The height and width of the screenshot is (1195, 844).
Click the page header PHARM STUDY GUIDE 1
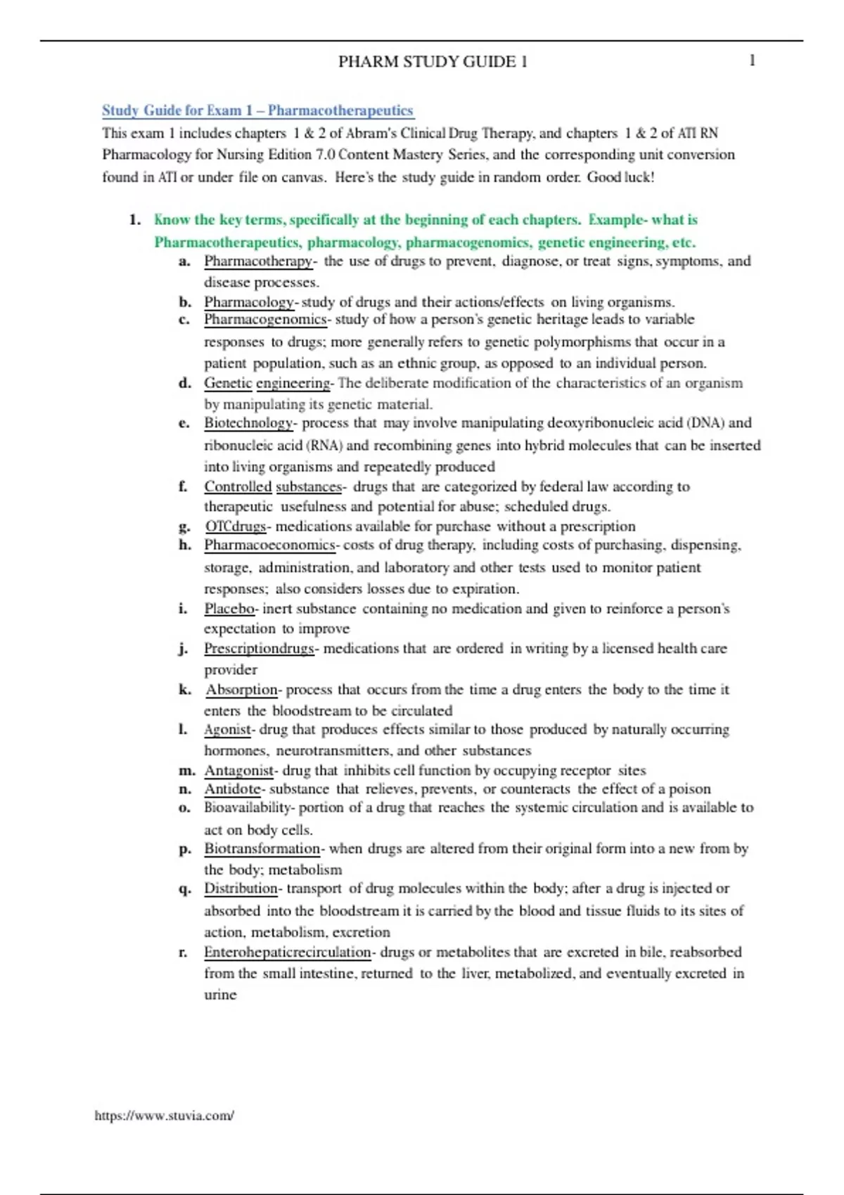(x=433, y=62)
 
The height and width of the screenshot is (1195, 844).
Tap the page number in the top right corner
(x=752, y=60)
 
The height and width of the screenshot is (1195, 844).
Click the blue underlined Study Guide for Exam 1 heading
(x=257, y=110)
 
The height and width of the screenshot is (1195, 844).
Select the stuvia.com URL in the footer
(x=164, y=1116)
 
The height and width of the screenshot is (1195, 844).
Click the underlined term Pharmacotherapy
(x=258, y=261)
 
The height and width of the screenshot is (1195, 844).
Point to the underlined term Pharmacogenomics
(x=265, y=320)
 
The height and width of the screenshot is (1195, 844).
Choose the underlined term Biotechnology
(x=248, y=423)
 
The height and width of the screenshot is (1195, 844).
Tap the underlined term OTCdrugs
(x=236, y=527)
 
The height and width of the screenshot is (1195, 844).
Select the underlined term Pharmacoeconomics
(x=269, y=545)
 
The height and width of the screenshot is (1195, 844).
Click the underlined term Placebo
(x=229, y=609)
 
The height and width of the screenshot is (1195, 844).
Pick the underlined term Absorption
(x=242, y=690)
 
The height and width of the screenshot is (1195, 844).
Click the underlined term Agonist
(x=227, y=730)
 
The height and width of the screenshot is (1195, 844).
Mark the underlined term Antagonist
(x=238, y=770)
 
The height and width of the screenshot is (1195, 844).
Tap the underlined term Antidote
(x=232, y=789)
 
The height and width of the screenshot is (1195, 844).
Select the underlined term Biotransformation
(x=262, y=848)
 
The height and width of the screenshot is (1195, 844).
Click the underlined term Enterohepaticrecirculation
(x=287, y=952)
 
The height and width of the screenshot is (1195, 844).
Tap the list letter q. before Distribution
(x=184, y=889)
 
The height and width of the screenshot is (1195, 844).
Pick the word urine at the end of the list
(x=220, y=995)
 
